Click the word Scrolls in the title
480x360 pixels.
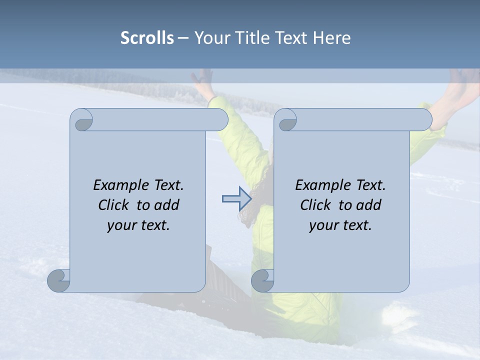click(x=147, y=37)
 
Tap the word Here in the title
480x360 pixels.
click(x=331, y=37)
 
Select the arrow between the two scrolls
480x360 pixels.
click(x=236, y=199)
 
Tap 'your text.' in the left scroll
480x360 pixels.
click(x=138, y=225)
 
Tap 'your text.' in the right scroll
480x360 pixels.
click(x=340, y=225)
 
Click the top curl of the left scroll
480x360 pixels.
click(x=82, y=120)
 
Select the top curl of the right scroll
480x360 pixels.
click(x=286, y=120)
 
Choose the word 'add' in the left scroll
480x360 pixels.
click(x=167, y=205)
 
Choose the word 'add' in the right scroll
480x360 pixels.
click(x=369, y=205)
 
